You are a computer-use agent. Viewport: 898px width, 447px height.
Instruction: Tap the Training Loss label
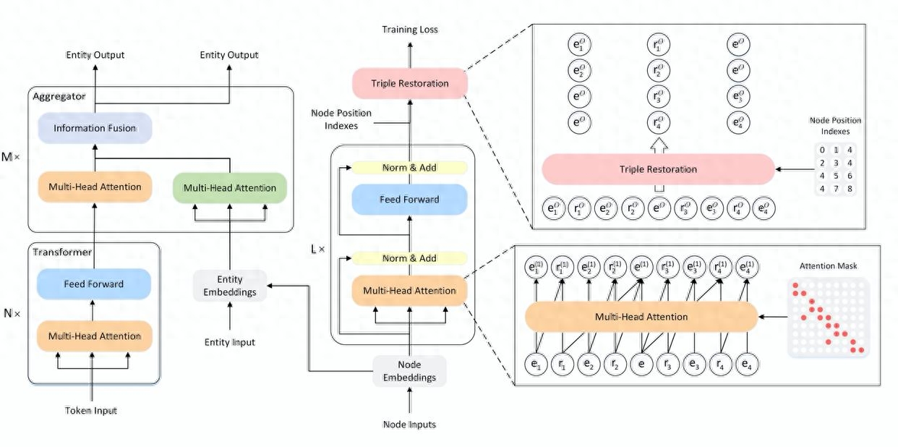[410, 30]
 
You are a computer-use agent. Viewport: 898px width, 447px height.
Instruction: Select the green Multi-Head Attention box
[229, 188]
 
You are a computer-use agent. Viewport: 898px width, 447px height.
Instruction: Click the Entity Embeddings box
[230, 286]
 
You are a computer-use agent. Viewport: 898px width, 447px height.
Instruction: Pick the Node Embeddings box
[409, 371]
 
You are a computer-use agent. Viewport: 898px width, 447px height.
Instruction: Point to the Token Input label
[91, 411]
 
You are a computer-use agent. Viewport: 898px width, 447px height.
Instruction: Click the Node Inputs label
[409, 425]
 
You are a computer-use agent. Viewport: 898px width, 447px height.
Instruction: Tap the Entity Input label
[230, 342]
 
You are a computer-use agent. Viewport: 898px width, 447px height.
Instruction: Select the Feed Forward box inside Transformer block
[94, 284]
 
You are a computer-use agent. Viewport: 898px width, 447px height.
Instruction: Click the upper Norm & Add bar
[409, 168]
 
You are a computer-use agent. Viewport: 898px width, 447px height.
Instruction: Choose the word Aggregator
[59, 95]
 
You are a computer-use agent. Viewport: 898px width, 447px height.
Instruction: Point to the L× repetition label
[317, 250]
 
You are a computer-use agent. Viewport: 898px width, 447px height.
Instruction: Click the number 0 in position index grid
[822, 150]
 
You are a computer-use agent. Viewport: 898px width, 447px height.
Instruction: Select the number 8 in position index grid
[850, 190]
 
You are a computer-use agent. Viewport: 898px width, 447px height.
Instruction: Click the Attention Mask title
[828, 266]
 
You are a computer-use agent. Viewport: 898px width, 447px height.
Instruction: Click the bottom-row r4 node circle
[719, 366]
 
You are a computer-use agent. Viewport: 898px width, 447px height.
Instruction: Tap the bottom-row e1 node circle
[536, 366]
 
